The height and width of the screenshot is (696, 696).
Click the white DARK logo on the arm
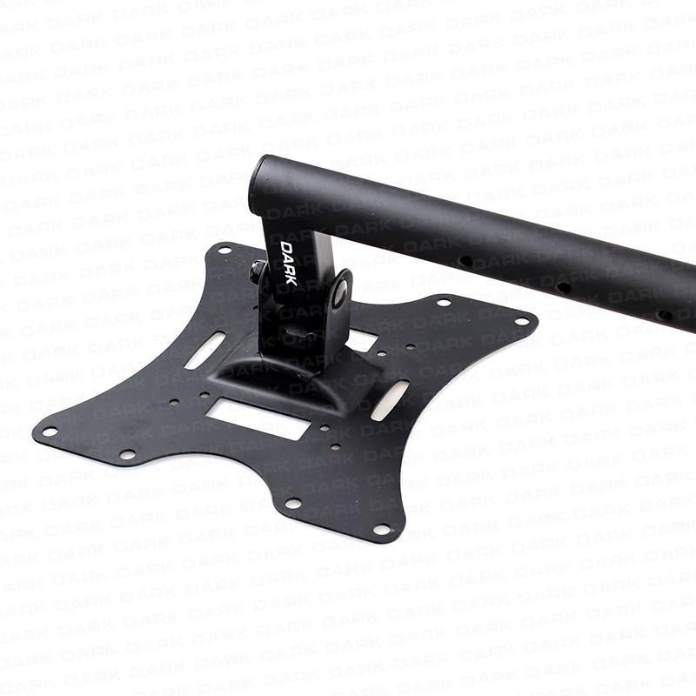coord(289,264)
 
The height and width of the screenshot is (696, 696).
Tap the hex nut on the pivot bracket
coord(257,271)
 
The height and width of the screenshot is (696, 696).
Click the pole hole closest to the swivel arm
coord(465,261)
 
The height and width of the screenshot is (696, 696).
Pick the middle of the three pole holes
coord(564,288)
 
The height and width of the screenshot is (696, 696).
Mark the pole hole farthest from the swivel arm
coord(665,316)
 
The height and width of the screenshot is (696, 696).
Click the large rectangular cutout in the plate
coord(258,418)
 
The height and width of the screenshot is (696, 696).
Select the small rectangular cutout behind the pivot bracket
coord(363,339)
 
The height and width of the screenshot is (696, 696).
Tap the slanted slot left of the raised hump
coord(204,351)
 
